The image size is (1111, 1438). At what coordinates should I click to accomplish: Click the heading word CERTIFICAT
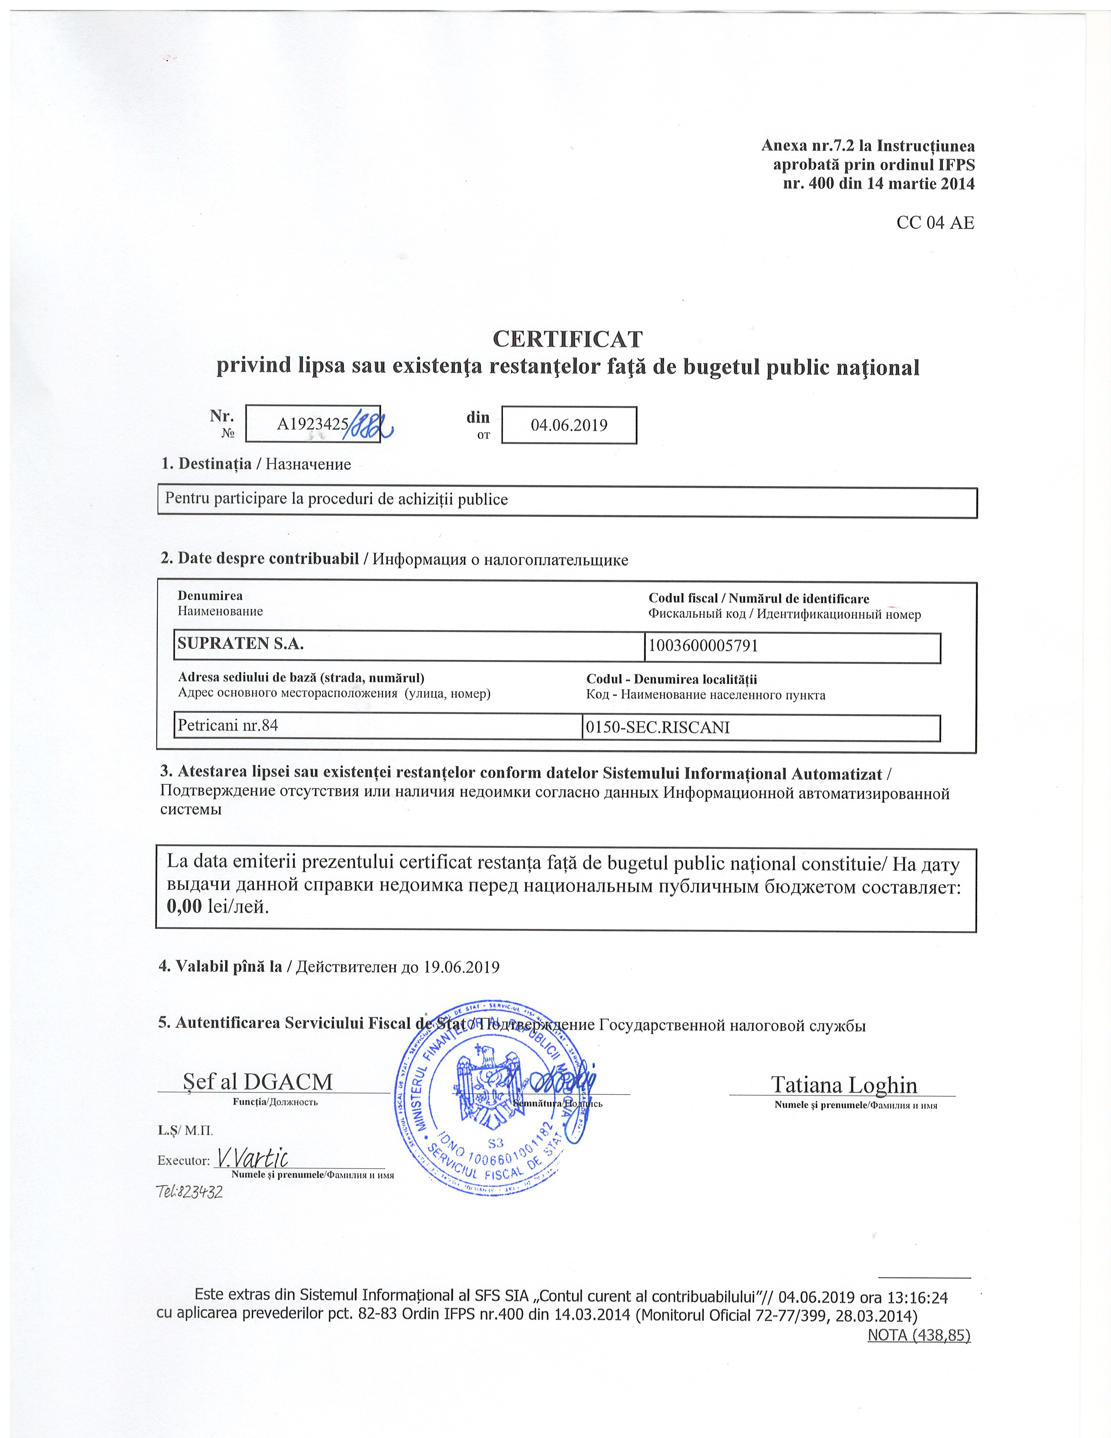pyautogui.click(x=567, y=339)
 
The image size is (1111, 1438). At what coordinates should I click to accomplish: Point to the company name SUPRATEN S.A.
pyautogui.click(x=241, y=644)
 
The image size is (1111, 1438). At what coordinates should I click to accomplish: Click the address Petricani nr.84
pyautogui.click(x=228, y=726)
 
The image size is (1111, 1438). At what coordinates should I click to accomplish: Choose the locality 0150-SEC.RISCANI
pyautogui.click(x=657, y=728)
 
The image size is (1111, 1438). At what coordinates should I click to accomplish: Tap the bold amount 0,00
pyautogui.click(x=184, y=907)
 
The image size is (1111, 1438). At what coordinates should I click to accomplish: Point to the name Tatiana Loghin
pyautogui.click(x=844, y=1085)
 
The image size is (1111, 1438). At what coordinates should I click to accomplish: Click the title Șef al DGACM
pyautogui.click(x=258, y=1082)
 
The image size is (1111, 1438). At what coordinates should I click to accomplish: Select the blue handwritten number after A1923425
pyautogui.click(x=370, y=425)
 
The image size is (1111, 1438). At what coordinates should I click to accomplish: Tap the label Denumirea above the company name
pyautogui.click(x=210, y=596)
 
